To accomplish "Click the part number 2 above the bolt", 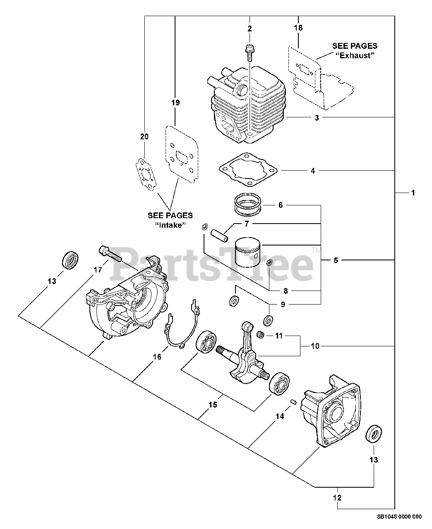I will [x=250, y=29].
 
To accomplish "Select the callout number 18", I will [x=298, y=28].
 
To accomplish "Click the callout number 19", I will [x=175, y=103].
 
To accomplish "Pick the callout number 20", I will [x=144, y=137].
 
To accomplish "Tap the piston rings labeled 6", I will [x=247, y=205].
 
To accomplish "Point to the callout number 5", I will [x=336, y=260].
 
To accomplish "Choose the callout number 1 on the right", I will [x=413, y=193].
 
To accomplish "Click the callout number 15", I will [x=213, y=405].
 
